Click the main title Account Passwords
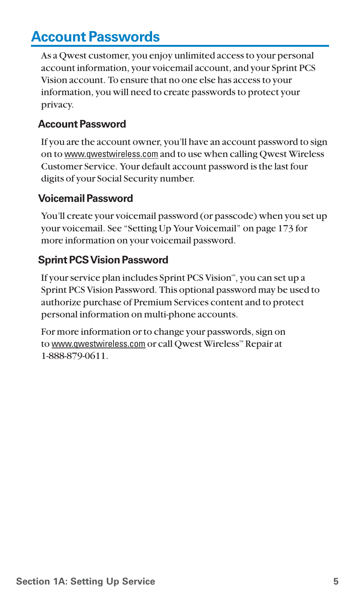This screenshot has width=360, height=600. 95,37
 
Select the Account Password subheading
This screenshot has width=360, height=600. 82,124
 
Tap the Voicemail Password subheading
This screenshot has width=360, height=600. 85,198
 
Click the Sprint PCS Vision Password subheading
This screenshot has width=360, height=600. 103,260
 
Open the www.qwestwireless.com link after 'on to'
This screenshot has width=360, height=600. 111,154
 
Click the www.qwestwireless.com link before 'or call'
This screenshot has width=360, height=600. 98,344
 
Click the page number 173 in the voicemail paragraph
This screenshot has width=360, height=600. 285,229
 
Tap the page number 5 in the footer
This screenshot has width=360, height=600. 335,582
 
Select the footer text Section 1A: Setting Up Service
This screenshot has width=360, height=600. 86,582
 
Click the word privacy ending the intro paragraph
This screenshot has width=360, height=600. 57,105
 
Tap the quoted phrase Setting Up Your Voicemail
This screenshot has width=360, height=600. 182,229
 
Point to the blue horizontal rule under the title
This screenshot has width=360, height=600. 180,46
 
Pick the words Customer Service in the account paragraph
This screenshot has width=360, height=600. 78,167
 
